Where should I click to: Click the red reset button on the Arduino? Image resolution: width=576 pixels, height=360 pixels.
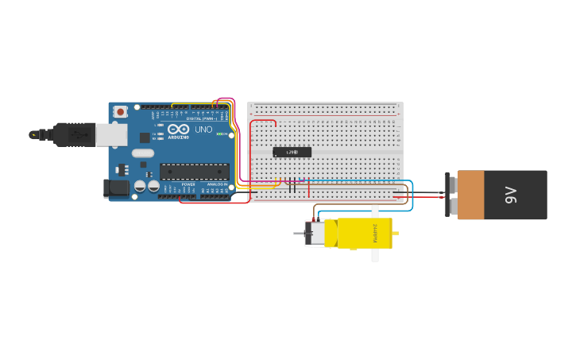[x=120, y=112]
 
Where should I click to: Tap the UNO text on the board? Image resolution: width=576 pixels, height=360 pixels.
[x=203, y=130]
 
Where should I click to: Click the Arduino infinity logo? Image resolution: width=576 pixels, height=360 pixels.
[x=179, y=130]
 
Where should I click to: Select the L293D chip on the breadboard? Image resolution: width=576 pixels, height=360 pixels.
[x=292, y=152]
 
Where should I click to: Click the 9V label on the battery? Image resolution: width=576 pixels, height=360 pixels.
[x=511, y=195]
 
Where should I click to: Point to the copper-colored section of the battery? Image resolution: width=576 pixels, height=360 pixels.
[x=470, y=195]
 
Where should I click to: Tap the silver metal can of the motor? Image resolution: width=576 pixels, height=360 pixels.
[x=315, y=234]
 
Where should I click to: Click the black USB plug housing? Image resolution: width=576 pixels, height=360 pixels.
[x=75, y=135]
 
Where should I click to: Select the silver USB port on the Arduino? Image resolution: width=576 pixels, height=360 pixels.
[x=111, y=134]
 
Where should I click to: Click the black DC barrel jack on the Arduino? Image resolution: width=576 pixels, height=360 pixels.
[x=116, y=188]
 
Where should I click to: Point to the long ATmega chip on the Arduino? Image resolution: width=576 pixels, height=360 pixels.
[x=195, y=171]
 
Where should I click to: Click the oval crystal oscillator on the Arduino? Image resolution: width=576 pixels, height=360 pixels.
[x=143, y=153]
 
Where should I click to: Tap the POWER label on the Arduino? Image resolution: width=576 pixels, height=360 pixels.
[x=188, y=184]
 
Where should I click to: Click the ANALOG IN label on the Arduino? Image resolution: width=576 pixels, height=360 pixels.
[x=215, y=184]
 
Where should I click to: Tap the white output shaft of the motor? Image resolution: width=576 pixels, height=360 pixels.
[x=375, y=234]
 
